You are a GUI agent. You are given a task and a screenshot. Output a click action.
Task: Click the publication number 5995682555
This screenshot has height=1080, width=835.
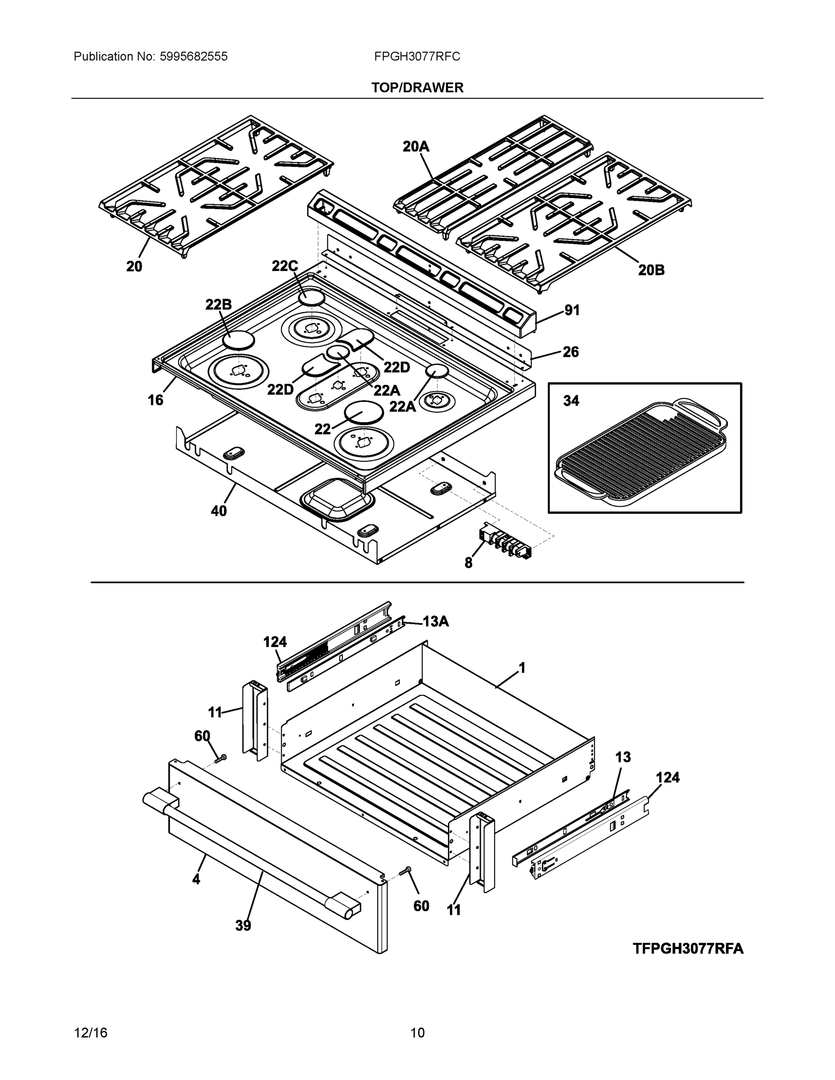click(194, 56)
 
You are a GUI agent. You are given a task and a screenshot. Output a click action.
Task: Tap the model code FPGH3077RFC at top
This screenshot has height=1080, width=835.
click(417, 56)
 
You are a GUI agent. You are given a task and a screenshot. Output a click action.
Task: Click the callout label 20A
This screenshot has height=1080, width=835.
click(415, 146)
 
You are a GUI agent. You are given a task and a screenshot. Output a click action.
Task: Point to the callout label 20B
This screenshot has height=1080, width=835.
click(651, 270)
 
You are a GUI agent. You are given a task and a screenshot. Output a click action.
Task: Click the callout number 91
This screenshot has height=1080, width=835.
click(572, 310)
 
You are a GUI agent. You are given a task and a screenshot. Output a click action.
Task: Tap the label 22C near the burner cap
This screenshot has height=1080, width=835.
click(284, 266)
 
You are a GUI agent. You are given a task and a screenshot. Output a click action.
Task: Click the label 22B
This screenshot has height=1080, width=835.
click(218, 305)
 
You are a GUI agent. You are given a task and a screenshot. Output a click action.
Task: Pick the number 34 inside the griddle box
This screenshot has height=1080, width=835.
click(571, 400)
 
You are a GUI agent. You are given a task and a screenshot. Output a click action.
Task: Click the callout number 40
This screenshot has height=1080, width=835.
click(219, 511)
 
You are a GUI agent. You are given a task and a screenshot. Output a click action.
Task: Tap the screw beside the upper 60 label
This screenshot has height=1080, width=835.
click(221, 758)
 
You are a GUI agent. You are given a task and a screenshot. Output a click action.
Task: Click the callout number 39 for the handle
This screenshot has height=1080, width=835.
click(243, 926)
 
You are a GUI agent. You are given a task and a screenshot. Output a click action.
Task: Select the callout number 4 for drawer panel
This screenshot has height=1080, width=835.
click(196, 879)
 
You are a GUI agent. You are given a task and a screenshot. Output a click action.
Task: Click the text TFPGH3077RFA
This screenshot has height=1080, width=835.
click(688, 949)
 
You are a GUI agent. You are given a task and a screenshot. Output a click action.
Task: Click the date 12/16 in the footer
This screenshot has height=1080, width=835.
click(90, 1033)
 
